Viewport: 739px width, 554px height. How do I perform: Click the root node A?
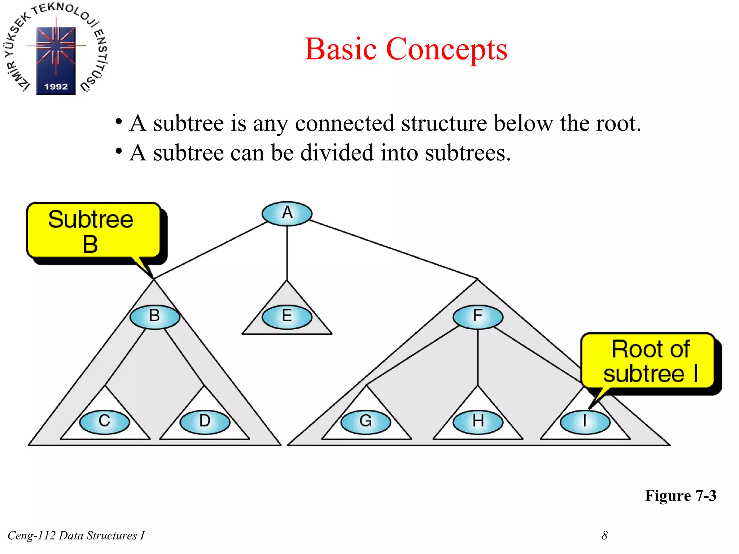(287, 213)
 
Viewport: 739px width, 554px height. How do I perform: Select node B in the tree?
(155, 317)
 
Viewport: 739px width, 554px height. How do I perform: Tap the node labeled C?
(104, 422)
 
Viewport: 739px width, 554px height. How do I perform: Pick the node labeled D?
(205, 422)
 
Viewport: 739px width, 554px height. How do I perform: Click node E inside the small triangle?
(287, 317)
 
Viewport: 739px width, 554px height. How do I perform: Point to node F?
(478, 317)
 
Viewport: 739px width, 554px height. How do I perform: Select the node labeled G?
(366, 422)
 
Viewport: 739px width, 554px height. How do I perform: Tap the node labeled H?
(478, 422)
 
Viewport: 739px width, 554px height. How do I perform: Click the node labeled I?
(585, 422)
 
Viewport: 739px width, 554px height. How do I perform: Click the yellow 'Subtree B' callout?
(92, 231)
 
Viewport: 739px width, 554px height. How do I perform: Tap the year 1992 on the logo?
(56, 87)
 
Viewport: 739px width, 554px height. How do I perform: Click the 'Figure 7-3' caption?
(681, 496)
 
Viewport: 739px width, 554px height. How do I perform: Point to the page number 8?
(605, 536)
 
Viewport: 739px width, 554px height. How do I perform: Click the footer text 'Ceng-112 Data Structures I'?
(76, 536)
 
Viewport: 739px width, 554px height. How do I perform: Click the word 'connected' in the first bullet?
(345, 123)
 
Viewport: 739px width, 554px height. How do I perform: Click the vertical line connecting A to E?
(287, 252)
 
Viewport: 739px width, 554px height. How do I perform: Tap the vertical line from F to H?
(478, 357)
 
